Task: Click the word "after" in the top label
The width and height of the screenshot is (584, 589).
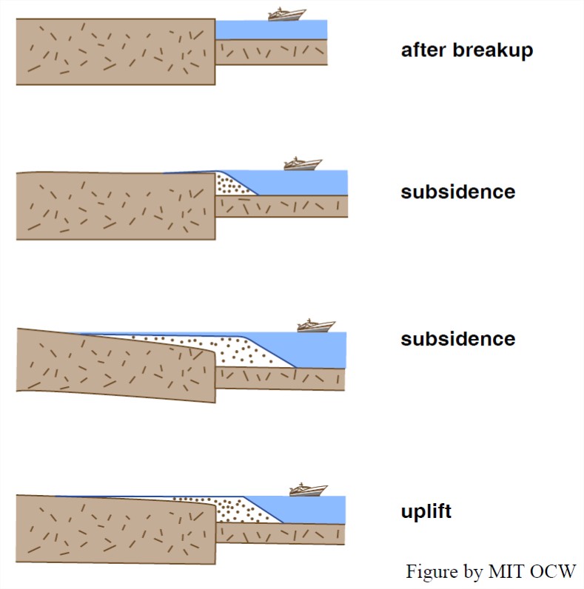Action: (425, 51)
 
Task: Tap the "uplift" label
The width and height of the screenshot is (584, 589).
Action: (426, 512)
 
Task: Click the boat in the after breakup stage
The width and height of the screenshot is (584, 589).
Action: (286, 14)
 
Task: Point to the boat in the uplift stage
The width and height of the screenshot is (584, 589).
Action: (308, 489)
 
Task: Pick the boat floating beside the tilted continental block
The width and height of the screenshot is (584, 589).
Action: (316, 325)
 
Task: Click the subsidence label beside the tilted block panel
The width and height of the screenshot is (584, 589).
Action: (457, 339)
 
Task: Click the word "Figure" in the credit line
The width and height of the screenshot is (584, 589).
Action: (430, 572)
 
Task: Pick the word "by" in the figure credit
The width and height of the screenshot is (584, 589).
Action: (471, 573)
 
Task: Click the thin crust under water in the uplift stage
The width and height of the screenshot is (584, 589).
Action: (281, 534)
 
